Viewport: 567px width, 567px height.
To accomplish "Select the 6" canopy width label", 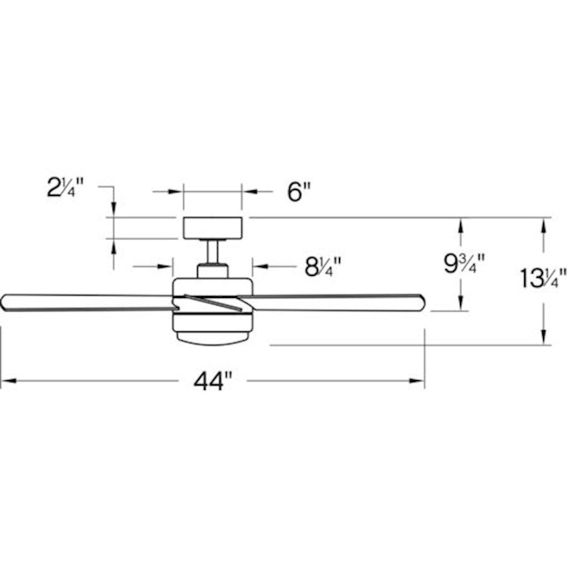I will (x=299, y=192).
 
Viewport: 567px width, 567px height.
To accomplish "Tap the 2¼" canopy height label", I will (x=66, y=188).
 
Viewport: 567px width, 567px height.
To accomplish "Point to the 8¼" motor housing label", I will (x=323, y=267).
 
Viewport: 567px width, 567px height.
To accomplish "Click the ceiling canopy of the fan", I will (x=212, y=227).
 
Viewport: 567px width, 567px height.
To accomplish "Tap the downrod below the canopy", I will (x=212, y=251).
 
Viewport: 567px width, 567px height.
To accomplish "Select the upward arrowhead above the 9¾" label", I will (x=462, y=224).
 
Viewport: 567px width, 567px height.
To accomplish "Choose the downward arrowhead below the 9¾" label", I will (x=462, y=304).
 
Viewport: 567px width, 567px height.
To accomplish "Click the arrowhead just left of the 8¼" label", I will (x=259, y=267).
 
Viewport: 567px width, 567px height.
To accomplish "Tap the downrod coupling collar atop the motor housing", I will (x=212, y=271).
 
